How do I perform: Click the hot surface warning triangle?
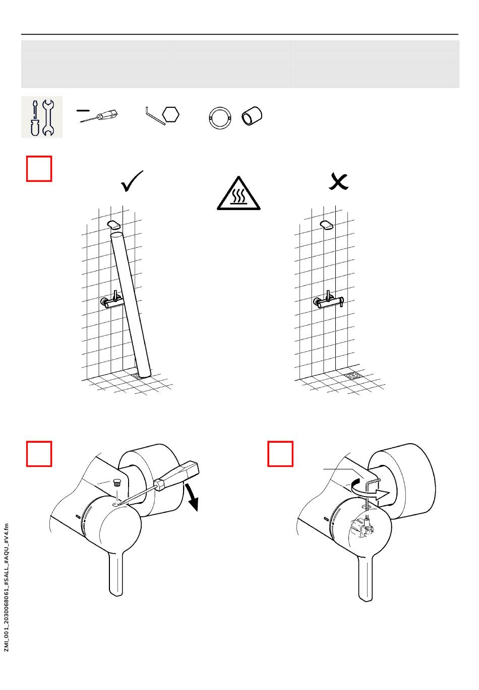tap(238, 194)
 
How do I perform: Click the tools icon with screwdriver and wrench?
tap(42, 117)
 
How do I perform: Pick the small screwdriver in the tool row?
tap(99, 116)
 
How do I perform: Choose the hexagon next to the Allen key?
tap(171, 114)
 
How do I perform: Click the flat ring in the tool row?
tap(220, 119)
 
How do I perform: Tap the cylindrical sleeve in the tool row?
tap(252, 116)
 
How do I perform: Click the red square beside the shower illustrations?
tap(39, 169)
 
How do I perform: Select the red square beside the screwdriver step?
tap(39, 454)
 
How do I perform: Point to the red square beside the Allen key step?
tap(280, 454)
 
